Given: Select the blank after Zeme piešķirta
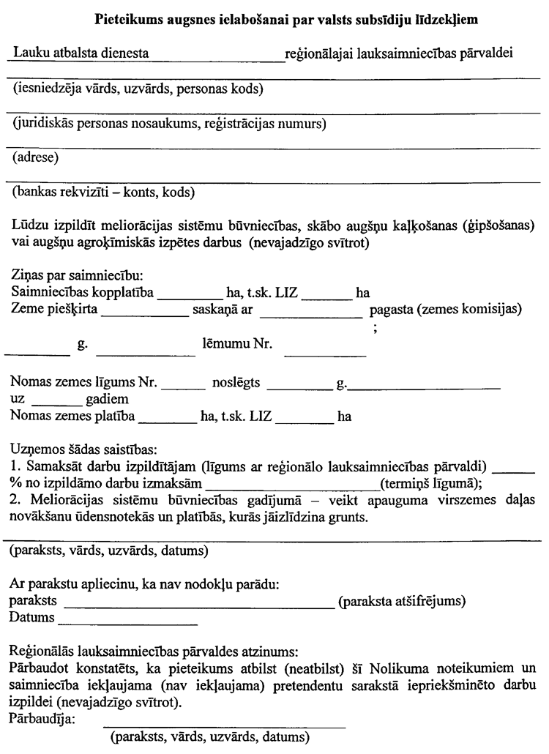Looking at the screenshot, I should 144,312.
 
